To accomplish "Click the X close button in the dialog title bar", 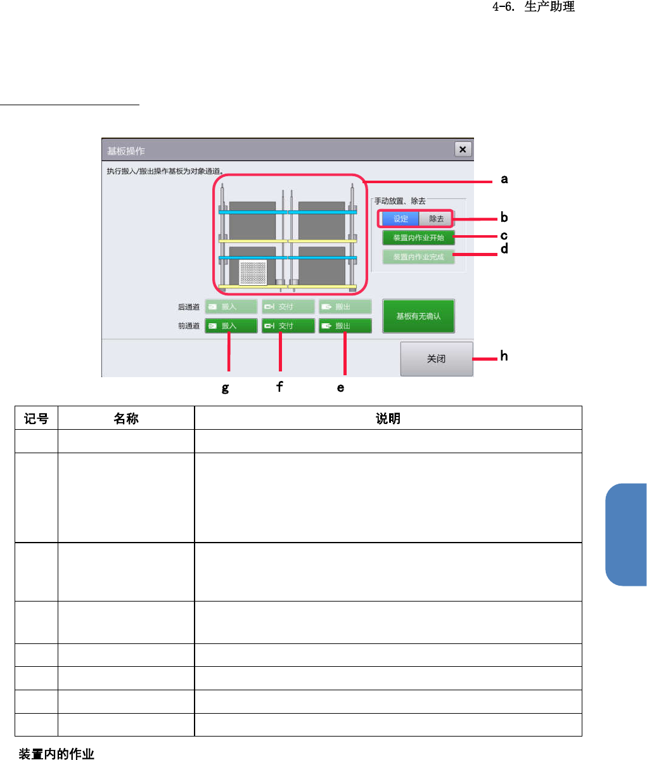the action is coord(463,149).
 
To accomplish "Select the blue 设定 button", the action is coord(400,219).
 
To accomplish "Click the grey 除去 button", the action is coord(436,219).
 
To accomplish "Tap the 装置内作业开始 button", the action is coord(418,238).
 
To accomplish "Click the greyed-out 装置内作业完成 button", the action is coord(418,257).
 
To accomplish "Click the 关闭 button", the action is coord(436,359).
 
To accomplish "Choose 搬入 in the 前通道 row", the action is coord(231,326).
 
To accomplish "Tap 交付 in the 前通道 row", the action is coord(288,326).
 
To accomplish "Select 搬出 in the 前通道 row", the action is coord(345,326).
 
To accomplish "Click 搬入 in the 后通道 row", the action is coord(231,307).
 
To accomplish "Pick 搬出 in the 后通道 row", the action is coord(345,307).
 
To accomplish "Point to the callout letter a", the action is coord(504,179).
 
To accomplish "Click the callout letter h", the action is coord(504,356).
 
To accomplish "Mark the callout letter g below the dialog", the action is coord(226,388).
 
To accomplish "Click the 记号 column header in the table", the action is coord(36,418).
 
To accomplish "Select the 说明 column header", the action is coord(388,418).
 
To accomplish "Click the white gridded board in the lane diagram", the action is coord(253,273).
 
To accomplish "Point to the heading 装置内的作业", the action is coord(56,754).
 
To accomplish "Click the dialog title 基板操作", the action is coord(126,151).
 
